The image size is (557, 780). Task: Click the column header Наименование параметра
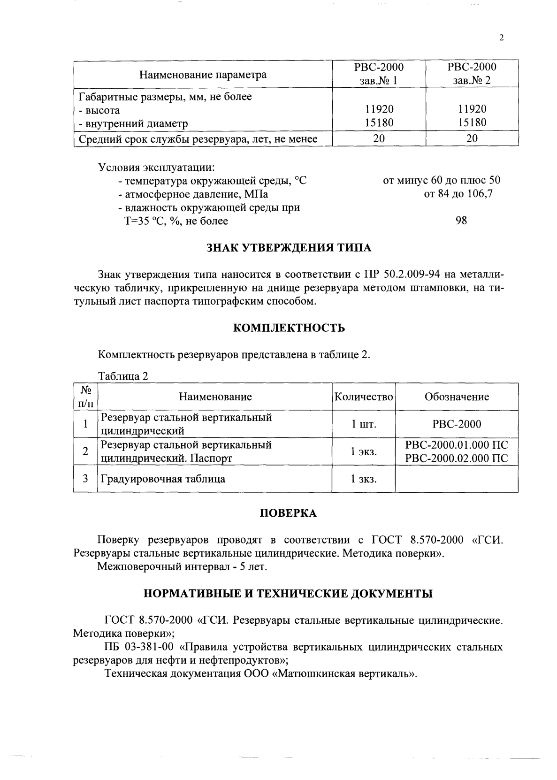tap(203, 75)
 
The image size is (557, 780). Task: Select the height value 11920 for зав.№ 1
tap(379, 109)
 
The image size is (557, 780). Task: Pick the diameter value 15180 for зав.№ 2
tap(472, 123)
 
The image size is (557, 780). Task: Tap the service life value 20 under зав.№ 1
tap(379, 139)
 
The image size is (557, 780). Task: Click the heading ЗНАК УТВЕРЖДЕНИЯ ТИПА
tap(289, 247)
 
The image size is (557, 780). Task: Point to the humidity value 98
tap(461, 221)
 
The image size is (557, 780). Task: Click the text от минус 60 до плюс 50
tap(442, 180)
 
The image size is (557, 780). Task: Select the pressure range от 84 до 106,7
tap(458, 193)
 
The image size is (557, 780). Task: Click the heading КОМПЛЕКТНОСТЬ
tap(289, 328)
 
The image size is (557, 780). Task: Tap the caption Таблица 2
tap(123, 376)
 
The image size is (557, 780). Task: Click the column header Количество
tap(363, 397)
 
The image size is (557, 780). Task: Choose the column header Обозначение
tap(456, 397)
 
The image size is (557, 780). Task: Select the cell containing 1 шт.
tap(364, 424)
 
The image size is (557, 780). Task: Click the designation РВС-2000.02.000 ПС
tap(456, 459)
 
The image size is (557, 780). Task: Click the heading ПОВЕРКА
tap(288, 513)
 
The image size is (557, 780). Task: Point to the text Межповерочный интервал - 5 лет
tap(182, 567)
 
